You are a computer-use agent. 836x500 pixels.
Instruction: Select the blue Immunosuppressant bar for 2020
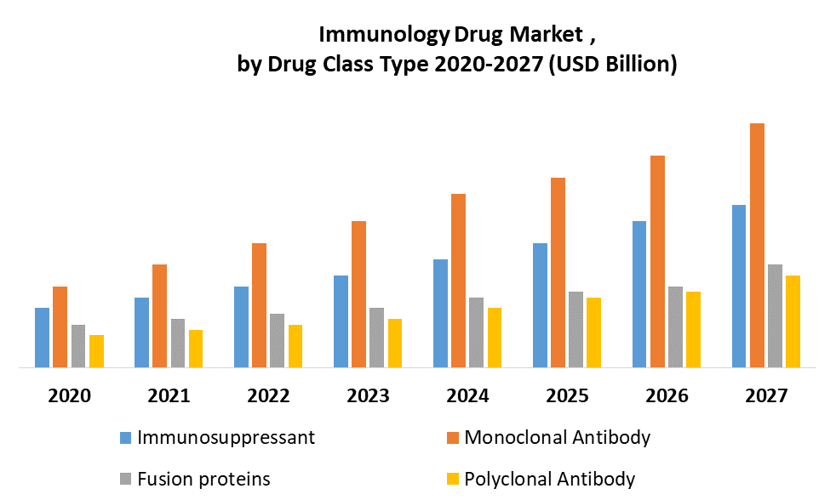[42, 338]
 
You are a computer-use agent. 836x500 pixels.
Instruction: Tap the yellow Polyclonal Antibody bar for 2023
[395, 343]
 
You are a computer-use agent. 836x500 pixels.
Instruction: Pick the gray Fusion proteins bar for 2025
[575, 329]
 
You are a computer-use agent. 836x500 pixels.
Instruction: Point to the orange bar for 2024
[458, 281]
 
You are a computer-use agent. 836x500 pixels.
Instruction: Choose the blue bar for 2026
[638, 294]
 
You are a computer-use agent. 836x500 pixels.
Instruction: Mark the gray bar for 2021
[178, 343]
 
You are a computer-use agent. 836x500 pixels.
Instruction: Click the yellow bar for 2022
[295, 346]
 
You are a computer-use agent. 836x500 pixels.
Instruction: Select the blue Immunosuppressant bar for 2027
[738, 286]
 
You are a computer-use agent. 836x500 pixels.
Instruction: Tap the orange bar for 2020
[60, 327]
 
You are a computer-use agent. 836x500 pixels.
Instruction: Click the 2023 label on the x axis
[368, 396]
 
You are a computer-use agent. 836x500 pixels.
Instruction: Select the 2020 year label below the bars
[69, 396]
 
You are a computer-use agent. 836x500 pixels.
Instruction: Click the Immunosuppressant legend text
[226, 438]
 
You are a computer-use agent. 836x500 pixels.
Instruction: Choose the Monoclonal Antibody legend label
[558, 438]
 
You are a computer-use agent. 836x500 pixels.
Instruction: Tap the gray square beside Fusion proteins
[125, 480]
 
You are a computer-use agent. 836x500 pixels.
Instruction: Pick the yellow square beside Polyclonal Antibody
[453, 480]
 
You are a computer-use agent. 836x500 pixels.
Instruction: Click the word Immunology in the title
[384, 35]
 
